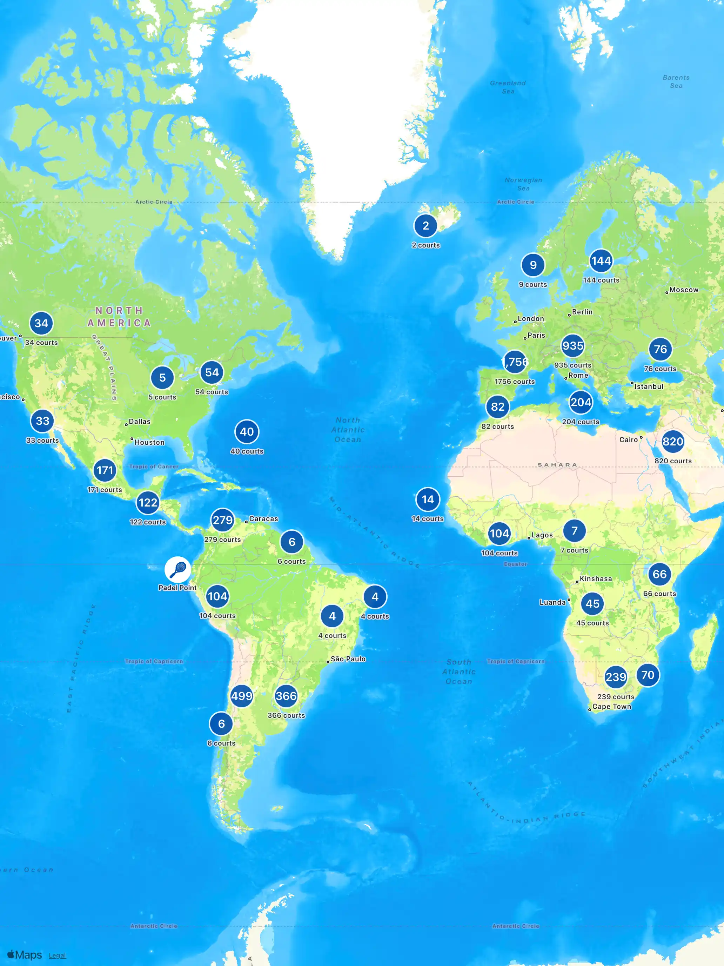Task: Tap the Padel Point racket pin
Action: [177, 569]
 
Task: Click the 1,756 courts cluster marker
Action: [515, 362]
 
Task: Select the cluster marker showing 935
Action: [572, 346]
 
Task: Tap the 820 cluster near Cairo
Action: [672, 442]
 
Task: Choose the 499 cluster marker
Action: [241, 696]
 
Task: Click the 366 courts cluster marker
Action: [286, 696]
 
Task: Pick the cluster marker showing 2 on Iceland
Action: [425, 226]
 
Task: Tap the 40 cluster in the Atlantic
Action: [247, 432]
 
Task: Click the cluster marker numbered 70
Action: [648, 675]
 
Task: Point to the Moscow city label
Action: [683, 290]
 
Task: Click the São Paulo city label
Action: [348, 659]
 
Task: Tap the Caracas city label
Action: [263, 519]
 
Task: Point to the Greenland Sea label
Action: [508, 87]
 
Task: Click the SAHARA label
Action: [557, 465]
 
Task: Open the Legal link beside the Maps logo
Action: [57, 955]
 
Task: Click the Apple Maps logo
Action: [25, 955]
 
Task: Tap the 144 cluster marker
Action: [601, 261]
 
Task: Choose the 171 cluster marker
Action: [105, 470]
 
